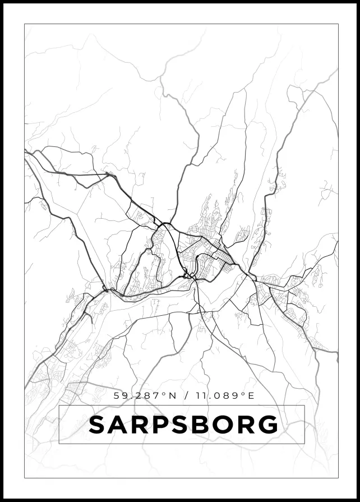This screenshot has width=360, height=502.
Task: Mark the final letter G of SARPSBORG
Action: (269, 425)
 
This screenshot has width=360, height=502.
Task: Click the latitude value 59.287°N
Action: (145, 396)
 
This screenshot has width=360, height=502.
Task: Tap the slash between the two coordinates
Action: (186, 396)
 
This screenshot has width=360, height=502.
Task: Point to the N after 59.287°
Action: (172, 396)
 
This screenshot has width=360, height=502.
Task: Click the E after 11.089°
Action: (251, 396)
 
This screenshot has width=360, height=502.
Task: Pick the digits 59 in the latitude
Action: (119, 396)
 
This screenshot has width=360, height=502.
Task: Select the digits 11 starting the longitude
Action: (200, 396)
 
